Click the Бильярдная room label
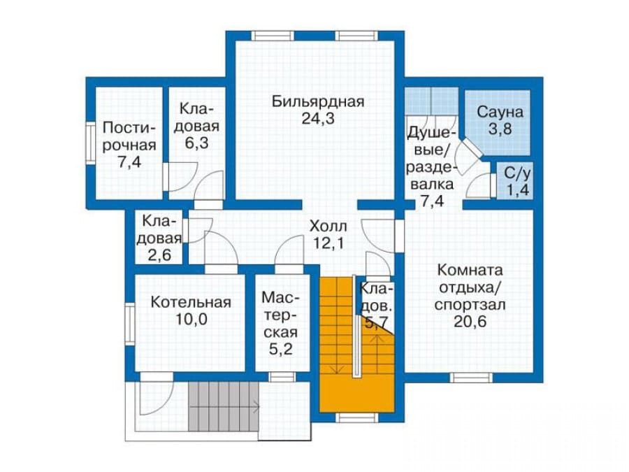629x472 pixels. coord(318,101)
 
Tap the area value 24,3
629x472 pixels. coord(318,119)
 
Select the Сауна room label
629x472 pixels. coord(500,112)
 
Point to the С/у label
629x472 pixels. coord(517,173)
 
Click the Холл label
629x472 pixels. coord(328,226)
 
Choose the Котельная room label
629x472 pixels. coord(191,302)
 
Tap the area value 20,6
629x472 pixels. coord(470,322)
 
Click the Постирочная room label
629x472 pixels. coord(129,136)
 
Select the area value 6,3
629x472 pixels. coord(196,143)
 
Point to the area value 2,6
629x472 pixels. coord(159,255)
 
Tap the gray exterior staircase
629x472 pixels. coord(223,406)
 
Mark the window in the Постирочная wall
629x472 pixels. coord(90,143)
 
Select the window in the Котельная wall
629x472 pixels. coord(129,324)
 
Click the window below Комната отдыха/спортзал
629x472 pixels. coord(471,378)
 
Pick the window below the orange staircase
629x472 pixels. coord(357,418)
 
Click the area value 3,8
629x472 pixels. coord(500,129)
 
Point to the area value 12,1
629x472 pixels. coord(328,243)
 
